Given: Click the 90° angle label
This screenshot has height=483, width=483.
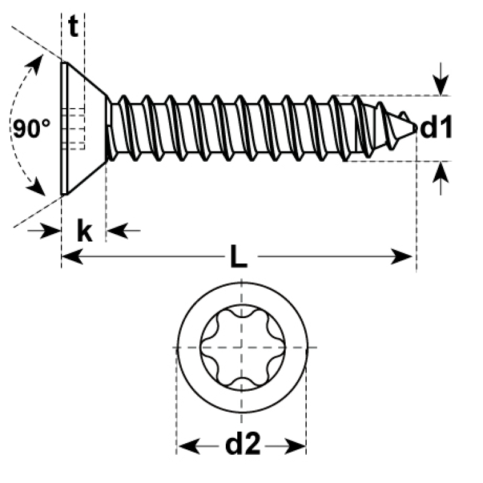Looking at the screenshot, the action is point(31,128).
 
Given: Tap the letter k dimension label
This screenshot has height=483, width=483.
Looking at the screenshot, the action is point(85,231).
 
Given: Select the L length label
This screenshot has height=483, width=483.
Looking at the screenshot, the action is point(238,256).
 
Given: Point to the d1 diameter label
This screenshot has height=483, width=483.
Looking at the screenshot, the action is point(436,126).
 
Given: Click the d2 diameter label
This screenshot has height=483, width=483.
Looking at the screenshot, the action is point(243,444).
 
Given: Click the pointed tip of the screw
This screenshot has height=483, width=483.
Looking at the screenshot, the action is point(417,127).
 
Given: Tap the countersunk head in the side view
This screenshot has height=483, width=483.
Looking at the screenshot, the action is point(83,129).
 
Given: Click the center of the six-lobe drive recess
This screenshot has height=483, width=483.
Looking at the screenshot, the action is point(242,348).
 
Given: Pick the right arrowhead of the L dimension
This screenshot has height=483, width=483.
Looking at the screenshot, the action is point(401,256).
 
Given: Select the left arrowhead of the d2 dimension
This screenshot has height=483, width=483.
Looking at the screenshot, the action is point(189,446).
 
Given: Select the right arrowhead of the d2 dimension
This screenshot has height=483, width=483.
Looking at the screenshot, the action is point(295,446).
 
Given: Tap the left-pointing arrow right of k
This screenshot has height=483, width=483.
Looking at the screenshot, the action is point(124,231).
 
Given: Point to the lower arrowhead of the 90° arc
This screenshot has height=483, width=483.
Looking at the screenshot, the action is point(36,187).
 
